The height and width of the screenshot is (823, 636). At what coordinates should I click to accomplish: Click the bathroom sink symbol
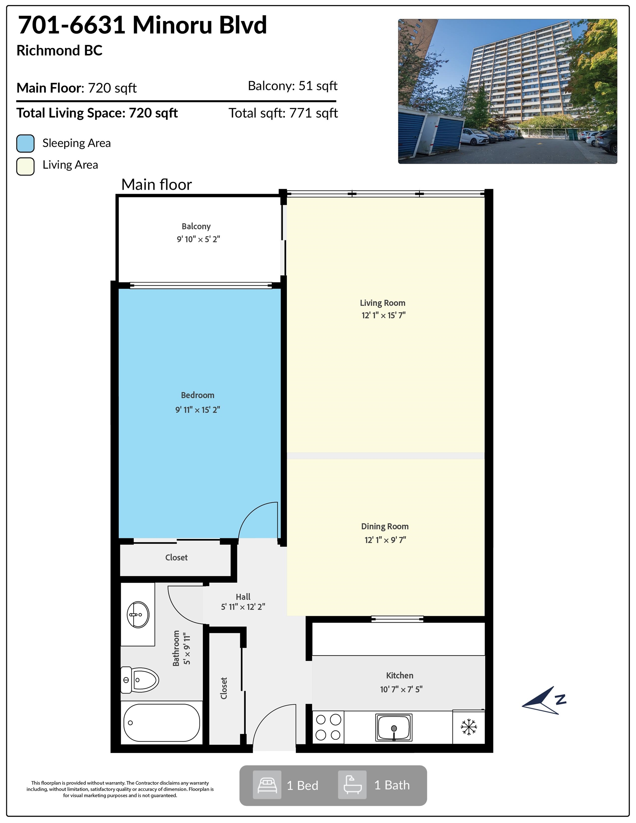coord(138,615)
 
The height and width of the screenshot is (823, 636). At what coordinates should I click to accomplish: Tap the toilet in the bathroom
coord(140,680)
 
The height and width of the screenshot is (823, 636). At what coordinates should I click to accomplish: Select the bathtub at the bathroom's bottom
coord(162,723)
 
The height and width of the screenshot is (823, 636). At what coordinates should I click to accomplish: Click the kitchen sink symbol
coord(394,727)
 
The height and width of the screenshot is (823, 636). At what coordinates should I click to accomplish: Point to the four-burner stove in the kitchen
coord(328,727)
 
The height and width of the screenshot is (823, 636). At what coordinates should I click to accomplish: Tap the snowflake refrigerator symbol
coord(469,727)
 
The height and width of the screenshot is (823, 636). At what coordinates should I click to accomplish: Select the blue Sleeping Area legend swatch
coord(25,143)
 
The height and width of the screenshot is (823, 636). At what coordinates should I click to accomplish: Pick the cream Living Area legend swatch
coord(25,166)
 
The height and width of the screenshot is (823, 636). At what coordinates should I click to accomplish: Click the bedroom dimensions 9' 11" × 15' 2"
coord(198,410)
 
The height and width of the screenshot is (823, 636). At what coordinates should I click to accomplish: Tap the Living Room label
coord(382,303)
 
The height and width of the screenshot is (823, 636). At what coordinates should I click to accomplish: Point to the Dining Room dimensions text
coord(385,540)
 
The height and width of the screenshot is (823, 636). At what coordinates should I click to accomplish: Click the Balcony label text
coord(196,226)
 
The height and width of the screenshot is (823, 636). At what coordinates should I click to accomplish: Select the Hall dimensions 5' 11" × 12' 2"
coord(243,607)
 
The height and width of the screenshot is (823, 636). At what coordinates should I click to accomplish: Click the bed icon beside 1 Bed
coord(267,785)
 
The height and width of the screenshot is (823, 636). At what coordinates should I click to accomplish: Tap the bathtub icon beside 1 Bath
coord(352,785)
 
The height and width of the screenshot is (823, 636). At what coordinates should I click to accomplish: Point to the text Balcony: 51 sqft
coord(292,86)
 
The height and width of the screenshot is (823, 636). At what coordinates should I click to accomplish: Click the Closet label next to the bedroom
coord(176,557)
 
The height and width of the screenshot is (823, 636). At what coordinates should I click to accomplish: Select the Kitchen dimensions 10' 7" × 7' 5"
coord(401,689)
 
